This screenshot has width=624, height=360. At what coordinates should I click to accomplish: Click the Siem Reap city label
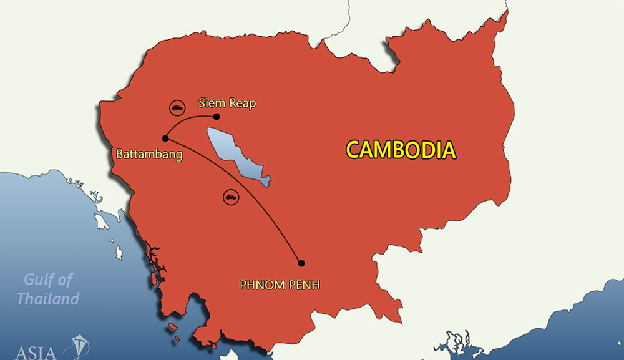[x=227, y=103]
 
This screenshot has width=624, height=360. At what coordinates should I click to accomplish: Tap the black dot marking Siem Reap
[x=217, y=117]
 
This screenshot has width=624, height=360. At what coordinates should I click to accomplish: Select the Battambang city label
[x=149, y=153]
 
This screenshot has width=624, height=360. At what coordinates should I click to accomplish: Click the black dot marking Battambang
[x=165, y=139]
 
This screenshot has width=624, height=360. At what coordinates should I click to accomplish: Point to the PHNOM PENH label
[x=280, y=285]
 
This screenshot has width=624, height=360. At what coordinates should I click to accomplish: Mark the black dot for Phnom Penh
[x=301, y=263]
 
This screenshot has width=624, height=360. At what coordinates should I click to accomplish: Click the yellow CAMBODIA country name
[x=401, y=150]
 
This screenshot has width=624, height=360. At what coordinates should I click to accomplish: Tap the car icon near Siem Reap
[x=177, y=107]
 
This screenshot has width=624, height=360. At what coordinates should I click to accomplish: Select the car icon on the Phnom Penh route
[x=230, y=197]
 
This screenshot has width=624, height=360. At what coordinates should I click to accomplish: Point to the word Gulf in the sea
[x=40, y=280]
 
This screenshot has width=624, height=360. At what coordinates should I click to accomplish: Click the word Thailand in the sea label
[x=48, y=298]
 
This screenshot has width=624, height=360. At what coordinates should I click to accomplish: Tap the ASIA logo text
[x=34, y=351]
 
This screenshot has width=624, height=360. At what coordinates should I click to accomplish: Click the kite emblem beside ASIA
[x=80, y=348]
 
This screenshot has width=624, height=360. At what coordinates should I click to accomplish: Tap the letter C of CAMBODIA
[x=354, y=150]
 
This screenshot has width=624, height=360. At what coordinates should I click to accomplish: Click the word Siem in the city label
[x=211, y=103]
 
